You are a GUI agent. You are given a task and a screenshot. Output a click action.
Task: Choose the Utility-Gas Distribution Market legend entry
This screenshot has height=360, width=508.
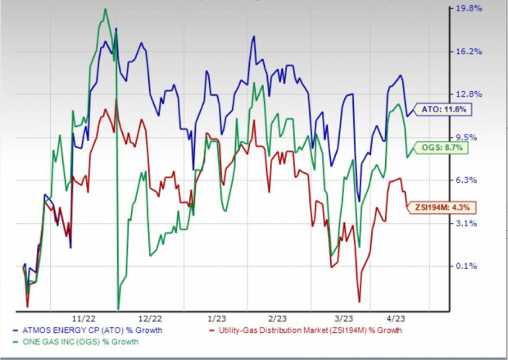point(308,330)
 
